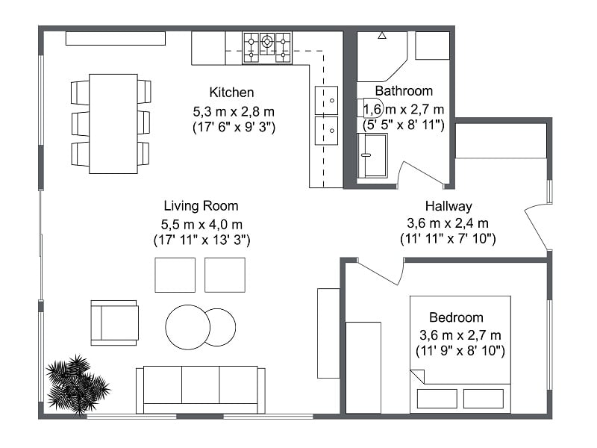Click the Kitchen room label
(231, 93)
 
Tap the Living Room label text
(201, 205)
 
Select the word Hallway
(448, 206)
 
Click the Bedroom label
(456, 317)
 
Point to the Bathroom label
(403, 91)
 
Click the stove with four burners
(266, 47)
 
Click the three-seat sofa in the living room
(200, 388)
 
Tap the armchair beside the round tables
(114, 323)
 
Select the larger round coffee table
(187, 327)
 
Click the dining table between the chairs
(113, 123)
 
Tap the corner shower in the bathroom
(381, 56)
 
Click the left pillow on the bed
(437, 399)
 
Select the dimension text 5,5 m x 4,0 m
(201, 223)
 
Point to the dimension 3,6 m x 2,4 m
(448, 223)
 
